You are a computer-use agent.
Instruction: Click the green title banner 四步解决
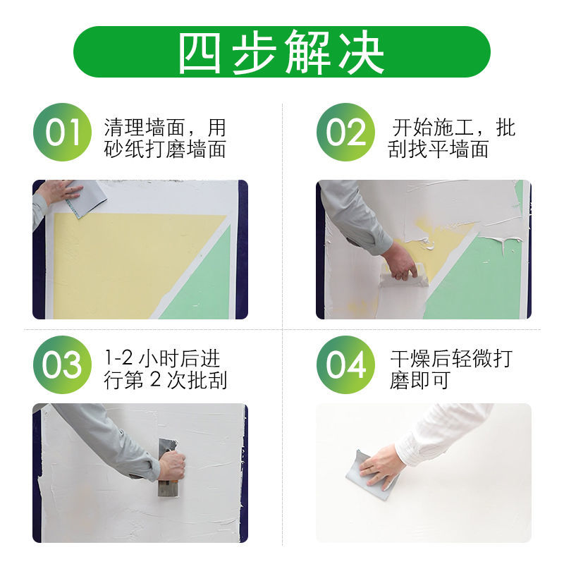[282, 51]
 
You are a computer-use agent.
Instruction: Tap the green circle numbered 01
[63, 133]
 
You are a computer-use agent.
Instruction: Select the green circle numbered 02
[345, 133]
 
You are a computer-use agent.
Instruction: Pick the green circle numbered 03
[63, 364]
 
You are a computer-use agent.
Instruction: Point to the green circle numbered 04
[345, 364]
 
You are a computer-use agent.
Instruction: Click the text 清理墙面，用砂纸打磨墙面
[165, 138]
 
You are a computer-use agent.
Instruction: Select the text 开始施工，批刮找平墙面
[451, 138]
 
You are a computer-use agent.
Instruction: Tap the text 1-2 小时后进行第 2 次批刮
[165, 369]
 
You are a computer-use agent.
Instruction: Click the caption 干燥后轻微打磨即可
[451, 369]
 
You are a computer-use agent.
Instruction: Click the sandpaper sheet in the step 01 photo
[88, 200]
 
